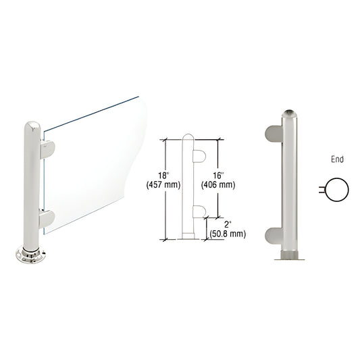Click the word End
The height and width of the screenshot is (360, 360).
tap(338, 160)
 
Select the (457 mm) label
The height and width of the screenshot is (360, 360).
tap(170, 185)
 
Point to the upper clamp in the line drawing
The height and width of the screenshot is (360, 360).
tap(199, 157)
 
